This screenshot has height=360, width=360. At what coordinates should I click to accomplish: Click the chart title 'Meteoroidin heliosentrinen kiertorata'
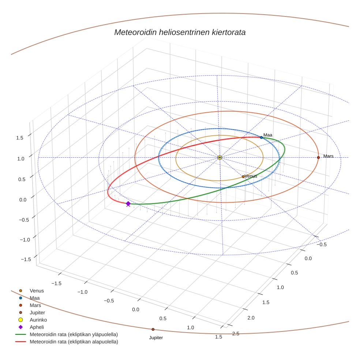pyautogui.click(x=180, y=32)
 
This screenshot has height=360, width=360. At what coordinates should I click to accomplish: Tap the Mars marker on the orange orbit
pyautogui.click(x=318, y=157)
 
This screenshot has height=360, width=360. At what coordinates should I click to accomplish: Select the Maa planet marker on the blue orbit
pyautogui.click(x=261, y=137)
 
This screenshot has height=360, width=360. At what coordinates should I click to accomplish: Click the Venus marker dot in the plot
pyautogui.click(x=243, y=177)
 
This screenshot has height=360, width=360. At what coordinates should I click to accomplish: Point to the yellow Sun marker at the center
pyautogui.click(x=220, y=157)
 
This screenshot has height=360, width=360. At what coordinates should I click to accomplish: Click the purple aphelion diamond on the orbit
pyautogui.click(x=128, y=203)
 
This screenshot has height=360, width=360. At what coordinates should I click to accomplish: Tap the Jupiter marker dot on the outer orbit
pyautogui.click(x=153, y=329)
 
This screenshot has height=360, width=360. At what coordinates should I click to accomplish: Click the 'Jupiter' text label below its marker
pyautogui.click(x=156, y=338)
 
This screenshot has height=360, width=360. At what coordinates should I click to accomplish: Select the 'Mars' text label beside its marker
pyautogui.click(x=328, y=156)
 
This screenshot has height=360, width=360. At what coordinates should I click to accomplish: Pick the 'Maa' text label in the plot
pyautogui.click(x=268, y=135)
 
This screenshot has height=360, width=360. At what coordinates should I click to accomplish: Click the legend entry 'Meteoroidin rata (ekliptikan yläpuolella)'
pyautogui.click(x=74, y=334)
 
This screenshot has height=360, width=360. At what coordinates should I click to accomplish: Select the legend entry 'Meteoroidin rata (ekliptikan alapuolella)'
pyautogui.click(x=74, y=342)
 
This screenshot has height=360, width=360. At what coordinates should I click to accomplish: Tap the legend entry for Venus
pyautogui.click(x=37, y=291)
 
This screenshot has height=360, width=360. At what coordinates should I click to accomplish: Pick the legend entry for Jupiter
pyautogui.click(x=37, y=312)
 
